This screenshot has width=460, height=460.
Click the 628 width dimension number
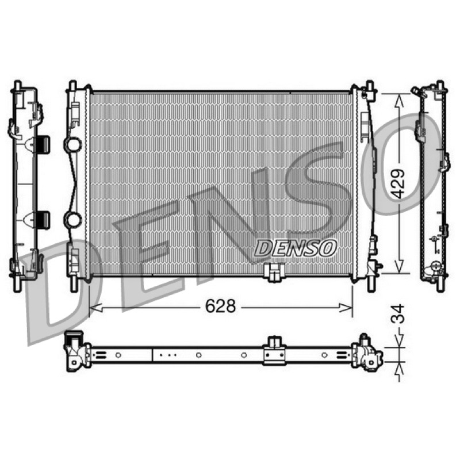pyautogui.click(x=220, y=306)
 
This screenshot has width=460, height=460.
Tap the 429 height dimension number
pyautogui.click(x=398, y=184)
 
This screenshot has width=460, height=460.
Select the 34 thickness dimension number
pyautogui.click(x=398, y=314)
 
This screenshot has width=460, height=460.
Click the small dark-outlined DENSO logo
pyautogui.click(x=296, y=248)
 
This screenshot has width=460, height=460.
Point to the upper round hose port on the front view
pyautogui.click(x=74, y=144)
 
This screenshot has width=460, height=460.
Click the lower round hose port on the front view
pyautogui.click(x=73, y=220)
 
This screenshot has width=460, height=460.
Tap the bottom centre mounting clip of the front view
pyautogui.click(x=274, y=272)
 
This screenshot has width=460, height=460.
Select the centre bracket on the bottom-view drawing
pyautogui.click(x=274, y=351)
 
